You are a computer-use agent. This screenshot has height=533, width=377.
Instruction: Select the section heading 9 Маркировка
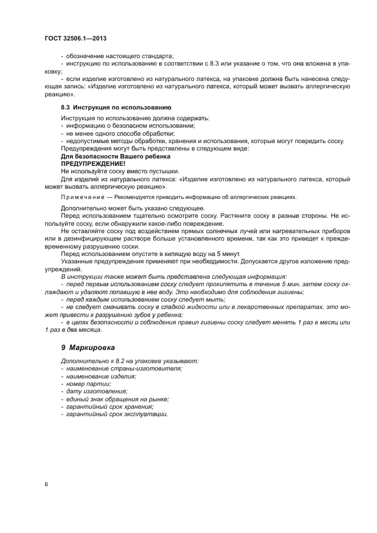[88, 347]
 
